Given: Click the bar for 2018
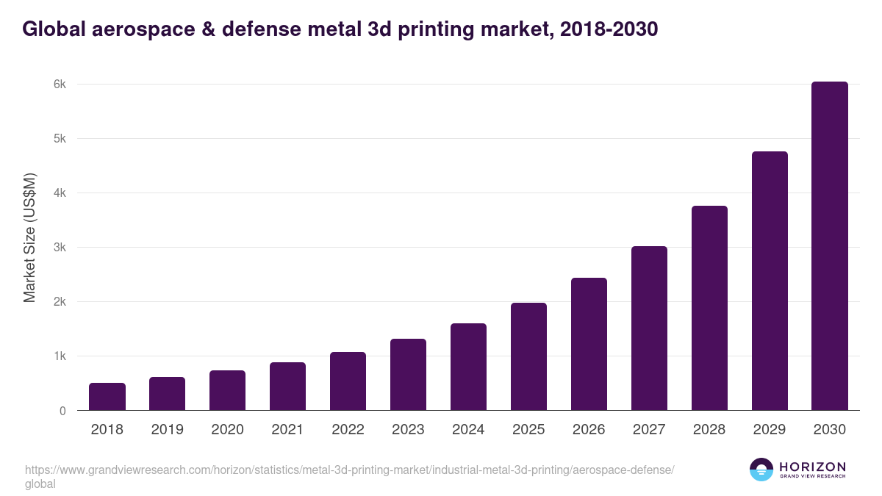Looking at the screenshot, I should click(107, 397).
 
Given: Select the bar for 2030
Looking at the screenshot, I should click(829, 246).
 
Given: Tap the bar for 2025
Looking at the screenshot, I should click(528, 356).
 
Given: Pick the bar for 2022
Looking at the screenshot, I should click(348, 381).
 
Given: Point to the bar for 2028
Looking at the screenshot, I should click(709, 308).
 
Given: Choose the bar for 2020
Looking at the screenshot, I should click(227, 390).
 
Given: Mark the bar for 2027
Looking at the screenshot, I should click(649, 328).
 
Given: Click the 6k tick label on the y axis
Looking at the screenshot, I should click(60, 85).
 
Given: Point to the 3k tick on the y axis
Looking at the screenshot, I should click(60, 248).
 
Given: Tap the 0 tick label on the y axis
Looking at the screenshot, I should click(62, 411).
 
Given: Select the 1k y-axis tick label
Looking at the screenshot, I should click(60, 356).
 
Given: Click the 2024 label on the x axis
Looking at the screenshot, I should click(468, 430).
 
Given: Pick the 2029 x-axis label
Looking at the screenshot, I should click(770, 430).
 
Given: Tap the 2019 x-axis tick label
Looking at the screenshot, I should click(167, 430).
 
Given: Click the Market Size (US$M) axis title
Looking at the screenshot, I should click(29, 237).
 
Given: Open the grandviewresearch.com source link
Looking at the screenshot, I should click(349, 470).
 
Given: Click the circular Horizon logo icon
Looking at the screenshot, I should click(761, 470).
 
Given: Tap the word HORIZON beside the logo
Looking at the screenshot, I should click(812, 467).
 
